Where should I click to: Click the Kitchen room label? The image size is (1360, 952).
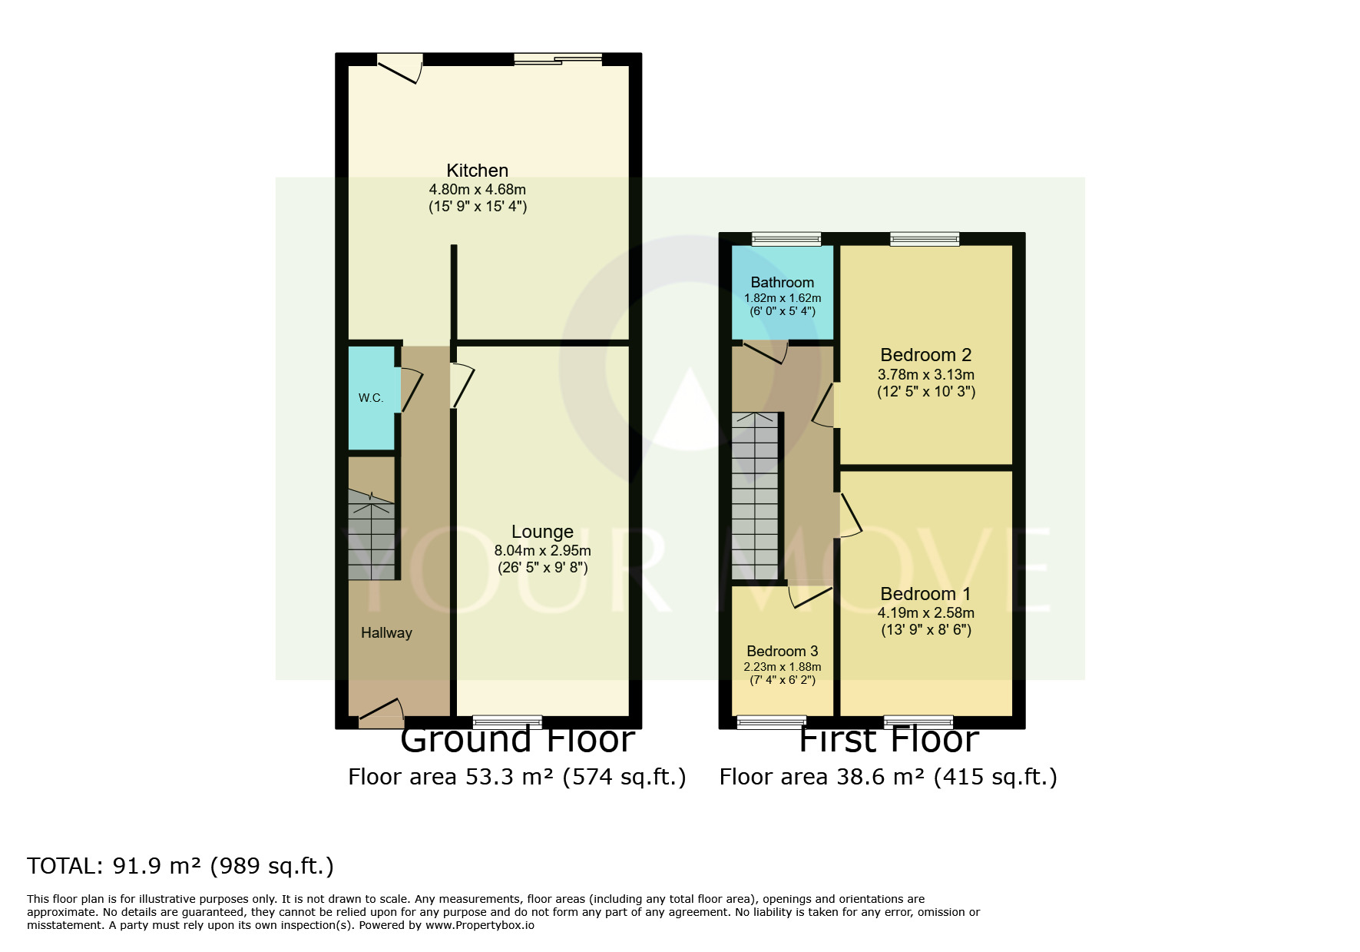coord(477,171)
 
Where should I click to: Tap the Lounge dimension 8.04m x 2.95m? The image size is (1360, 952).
coord(542,550)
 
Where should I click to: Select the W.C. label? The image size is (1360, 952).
coord(371,398)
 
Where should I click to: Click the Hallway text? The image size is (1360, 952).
coord(386,633)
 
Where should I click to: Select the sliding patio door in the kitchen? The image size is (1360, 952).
coord(558,59)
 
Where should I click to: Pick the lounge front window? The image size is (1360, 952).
coord(507,721)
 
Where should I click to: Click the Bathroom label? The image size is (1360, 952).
coord(782,282)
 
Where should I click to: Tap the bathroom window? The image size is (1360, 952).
coord(786,239)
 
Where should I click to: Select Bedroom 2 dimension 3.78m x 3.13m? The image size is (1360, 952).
coord(925,375)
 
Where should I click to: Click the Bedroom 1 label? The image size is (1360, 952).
coord(925,594)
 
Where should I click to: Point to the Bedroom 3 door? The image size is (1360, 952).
coord(809,597)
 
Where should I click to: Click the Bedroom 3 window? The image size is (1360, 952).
coord(771,721)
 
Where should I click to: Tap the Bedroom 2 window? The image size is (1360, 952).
coord(925,239)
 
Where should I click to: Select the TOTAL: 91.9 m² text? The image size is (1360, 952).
coord(180,866)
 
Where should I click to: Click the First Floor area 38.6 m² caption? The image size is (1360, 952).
coord(888,777)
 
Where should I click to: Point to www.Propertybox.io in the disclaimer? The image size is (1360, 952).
coord(479,925)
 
